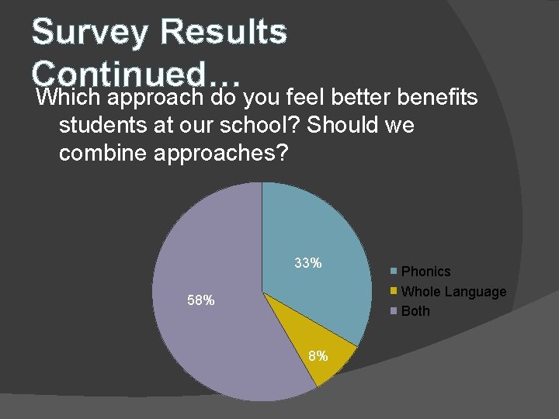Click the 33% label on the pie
click(308, 263)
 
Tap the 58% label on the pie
click(201, 300)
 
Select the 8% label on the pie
click(318, 356)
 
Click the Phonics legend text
click(425, 272)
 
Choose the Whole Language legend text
click(453, 292)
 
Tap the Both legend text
click(415, 311)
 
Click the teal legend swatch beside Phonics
click(394, 271)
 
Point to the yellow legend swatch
click(394, 291)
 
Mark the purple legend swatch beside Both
click(394, 311)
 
